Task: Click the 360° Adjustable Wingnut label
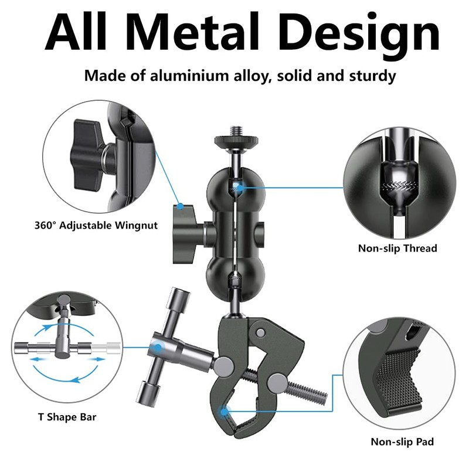95,225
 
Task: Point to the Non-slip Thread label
397,249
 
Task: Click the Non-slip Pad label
402,441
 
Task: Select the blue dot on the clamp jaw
225,412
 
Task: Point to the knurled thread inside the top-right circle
398,188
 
